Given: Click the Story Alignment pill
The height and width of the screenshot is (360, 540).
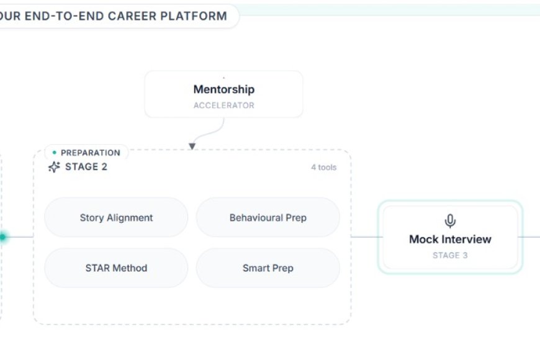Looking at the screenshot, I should pyautogui.click(x=116, y=218).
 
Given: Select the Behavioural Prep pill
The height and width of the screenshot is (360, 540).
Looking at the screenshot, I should pyautogui.click(x=268, y=218).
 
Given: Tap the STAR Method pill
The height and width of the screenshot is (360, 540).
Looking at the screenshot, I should pyautogui.click(x=116, y=268).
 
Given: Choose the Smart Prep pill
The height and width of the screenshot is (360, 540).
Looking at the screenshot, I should pyautogui.click(x=268, y=268).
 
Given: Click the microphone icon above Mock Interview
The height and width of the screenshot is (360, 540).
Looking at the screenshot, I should pyautogui.click(x=450, y=221).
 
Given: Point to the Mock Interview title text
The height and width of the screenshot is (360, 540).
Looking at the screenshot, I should pyautogui.click(x=450, y=239).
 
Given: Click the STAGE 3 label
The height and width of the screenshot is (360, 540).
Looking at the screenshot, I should pyautogui.click(x=450, y=255).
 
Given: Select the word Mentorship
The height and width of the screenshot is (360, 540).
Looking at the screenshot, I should pyautogui.click(x=223, y=89).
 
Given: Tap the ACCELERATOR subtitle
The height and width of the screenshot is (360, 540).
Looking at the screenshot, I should pyautogui.click(x=223, y=106).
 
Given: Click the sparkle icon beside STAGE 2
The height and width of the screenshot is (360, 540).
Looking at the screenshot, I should pyautogui.click(x=54, y=167).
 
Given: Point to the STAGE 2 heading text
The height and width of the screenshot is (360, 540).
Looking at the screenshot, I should pyautogui.click(x=86, y=167).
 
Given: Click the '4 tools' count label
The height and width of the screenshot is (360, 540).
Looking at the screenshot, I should pyautogui.click(x=323, y=167).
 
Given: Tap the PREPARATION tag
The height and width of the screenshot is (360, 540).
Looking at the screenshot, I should pyautogui.click(x=90, y=153).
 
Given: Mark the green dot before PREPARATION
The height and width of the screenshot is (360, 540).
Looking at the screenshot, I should pyautogui.click(x=55, y=152).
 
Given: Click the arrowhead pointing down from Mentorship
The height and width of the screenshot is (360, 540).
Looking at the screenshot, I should pyautogui.click(x=192, y=146).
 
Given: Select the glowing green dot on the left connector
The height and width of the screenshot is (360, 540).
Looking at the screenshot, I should pyautogui.click(x=2, y=236).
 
